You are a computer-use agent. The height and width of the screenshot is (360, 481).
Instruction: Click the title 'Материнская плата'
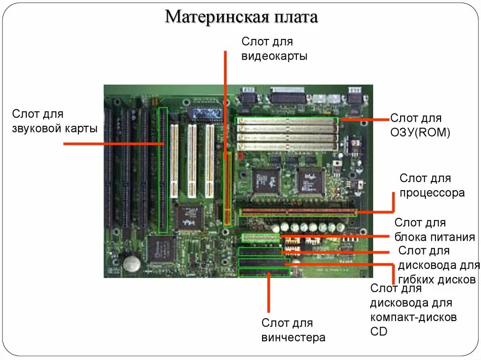point(241,17)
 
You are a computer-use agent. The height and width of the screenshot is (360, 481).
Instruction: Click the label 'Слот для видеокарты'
point(274,49)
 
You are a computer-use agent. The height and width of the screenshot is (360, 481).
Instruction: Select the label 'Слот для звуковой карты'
point(54,121)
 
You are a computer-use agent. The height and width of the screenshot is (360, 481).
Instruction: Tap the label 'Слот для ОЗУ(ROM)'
point(420,125)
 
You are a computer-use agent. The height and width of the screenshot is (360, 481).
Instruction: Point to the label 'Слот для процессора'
point(432,185)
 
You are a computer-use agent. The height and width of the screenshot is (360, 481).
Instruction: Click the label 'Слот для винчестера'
point(293,330)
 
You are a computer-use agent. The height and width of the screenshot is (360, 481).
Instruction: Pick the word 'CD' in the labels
point(379,331)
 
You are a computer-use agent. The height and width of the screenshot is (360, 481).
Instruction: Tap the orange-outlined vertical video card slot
point(228,188)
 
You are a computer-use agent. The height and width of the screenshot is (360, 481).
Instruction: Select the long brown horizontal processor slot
point(298,212)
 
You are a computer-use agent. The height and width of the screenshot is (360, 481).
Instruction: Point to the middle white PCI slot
point(192,161)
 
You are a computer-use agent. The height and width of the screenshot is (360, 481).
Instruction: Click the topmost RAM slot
point(287,121)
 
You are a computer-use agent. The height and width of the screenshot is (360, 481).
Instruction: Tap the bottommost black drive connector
point(264,273)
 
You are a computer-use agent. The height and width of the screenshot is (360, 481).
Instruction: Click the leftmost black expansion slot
point(109,167)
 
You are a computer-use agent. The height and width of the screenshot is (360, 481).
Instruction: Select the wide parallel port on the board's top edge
point(285,97)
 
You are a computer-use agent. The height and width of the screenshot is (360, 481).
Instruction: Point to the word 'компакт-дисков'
point(413,317)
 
